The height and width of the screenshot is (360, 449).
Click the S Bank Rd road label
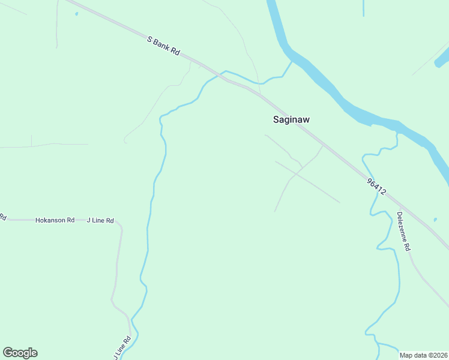point(164,46)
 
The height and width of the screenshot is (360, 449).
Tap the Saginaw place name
point(291,119)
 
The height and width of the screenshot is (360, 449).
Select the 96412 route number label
point(376,185)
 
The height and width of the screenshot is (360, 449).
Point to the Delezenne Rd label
point(403,231)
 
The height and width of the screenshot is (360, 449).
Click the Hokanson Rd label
point(55,220)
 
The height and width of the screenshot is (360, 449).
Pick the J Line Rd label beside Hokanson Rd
point(100,220)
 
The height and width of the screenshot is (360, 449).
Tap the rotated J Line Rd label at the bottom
point(122,347)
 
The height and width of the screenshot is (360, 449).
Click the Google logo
point(20,353)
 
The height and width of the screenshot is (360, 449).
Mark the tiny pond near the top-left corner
point(76,13)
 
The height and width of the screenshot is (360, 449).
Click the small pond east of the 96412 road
point(435,220)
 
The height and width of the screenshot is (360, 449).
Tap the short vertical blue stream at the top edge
point(364,7)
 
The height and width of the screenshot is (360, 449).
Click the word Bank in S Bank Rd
point(163,46)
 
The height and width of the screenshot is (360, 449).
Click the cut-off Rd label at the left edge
point(2,217)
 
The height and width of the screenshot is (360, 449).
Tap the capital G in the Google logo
point(8,352)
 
